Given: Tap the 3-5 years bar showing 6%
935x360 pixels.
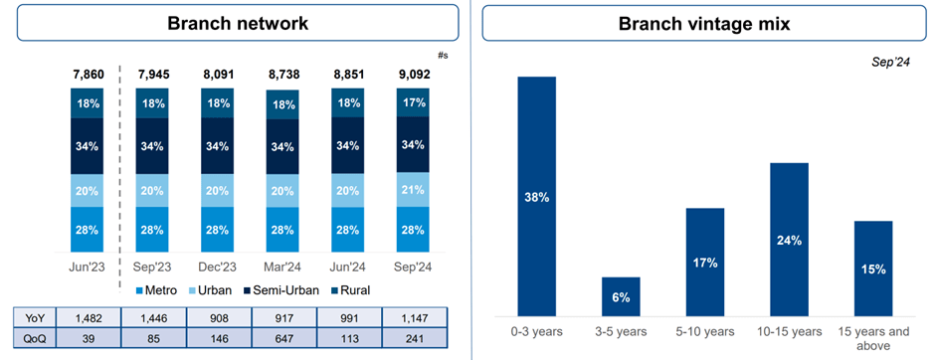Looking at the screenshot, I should tap(621, 296).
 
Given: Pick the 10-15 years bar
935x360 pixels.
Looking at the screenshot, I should tap(788, 239).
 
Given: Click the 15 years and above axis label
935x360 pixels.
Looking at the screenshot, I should tap(872, 338).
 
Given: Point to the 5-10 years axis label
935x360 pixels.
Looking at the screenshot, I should tap(704, 331).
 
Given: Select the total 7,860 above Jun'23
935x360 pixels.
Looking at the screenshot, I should tap(88, 74).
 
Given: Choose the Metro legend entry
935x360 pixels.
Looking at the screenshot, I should tap(158, 289).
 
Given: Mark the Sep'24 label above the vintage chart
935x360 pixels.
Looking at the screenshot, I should tap(890, 63).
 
